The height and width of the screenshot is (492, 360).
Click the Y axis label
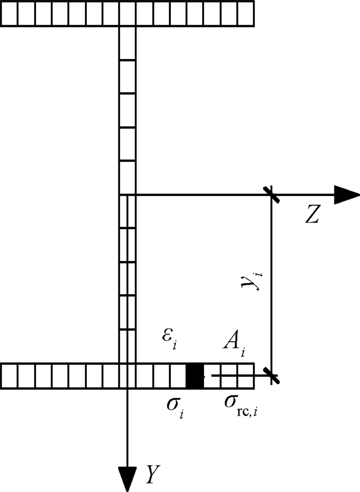pos(153,475)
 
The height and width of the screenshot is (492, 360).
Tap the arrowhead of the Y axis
pos(128,479)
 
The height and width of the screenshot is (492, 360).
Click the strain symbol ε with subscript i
pos(170,339)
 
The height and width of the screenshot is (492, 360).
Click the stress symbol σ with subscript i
pos(175,407)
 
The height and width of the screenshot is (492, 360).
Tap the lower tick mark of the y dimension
pos(271,376)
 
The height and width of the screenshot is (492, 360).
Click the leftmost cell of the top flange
pos(9,14)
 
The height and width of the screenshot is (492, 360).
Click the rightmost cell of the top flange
pos(246,14)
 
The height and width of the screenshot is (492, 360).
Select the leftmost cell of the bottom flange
pos(9,376)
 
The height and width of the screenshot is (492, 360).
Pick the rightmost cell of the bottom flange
pos(246,376)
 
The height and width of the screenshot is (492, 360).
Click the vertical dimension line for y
pos(271,285)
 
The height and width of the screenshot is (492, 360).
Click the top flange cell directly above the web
pos(128,14)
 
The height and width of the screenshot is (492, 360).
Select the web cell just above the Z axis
pos(128,178)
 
